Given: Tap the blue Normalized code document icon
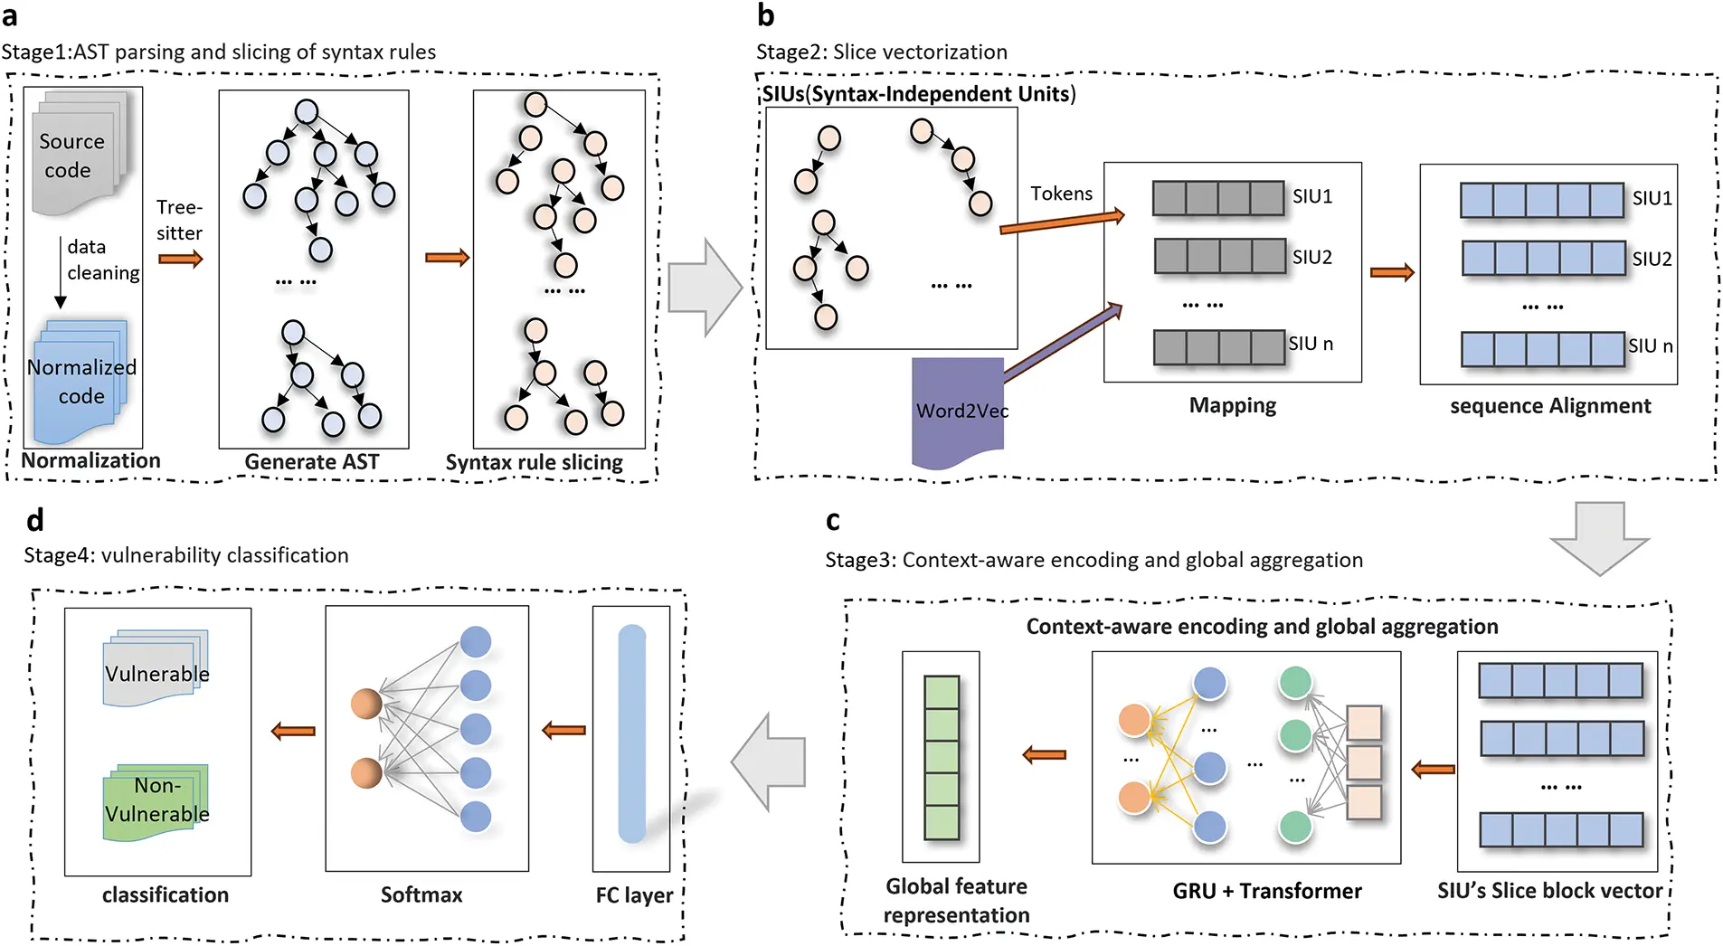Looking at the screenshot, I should click(x=80, y=382).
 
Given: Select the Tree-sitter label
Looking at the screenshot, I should click(x=179, y=220).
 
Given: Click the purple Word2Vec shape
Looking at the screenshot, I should click(x=959, y=412).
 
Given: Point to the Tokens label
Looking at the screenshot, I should click(x=1061, y=194).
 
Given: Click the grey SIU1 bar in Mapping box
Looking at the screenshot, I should click(x=1217, y=198).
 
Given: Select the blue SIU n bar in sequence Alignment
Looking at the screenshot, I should click(x=1542, y=349).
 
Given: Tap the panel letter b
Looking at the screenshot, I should click(x=765, y=15).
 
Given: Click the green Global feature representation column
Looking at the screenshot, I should click(x=941, y=757).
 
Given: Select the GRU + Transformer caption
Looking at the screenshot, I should click(x=1266, y=891).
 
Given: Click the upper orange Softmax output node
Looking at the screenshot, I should click(x=366, y=704).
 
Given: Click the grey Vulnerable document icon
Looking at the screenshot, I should click(x=156, y=669).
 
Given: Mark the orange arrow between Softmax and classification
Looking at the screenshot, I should click(x=294, y=731).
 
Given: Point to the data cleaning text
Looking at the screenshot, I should click(x=102, y=260).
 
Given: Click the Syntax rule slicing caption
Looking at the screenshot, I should click(x=534, y=462).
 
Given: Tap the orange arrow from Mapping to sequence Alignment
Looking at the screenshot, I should click(x=1391, y=272).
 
